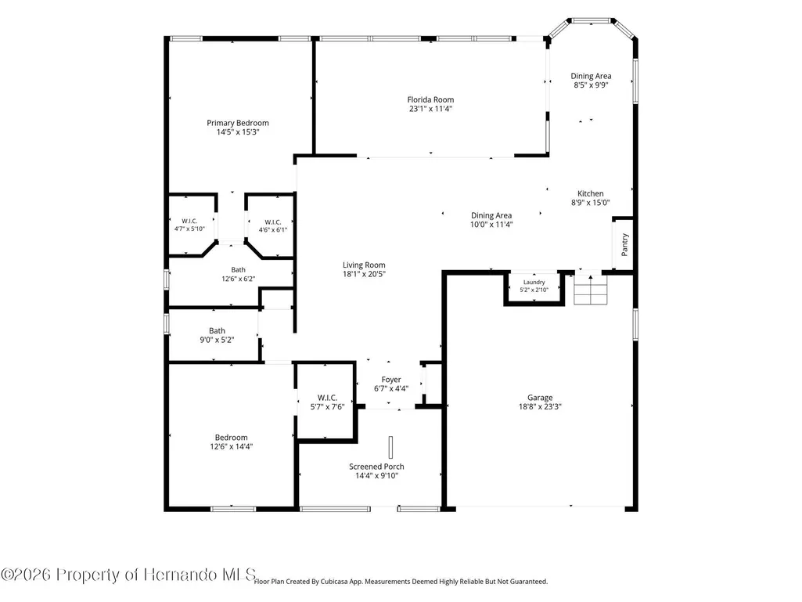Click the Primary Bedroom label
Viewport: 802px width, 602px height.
click(x=238, y=123)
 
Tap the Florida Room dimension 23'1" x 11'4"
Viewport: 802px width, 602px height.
click(x=430, y=109)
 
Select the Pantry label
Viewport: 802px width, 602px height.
click(x=624, y=245)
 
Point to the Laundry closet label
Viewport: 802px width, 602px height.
click(x=534, y=282)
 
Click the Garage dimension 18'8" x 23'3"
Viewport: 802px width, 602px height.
click(x=540, y=406)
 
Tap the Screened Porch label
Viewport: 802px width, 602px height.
click(x=376, y=467)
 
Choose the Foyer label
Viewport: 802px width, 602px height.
click(x=391, y=380)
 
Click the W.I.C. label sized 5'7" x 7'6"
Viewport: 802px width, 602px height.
click(x=327, y=398)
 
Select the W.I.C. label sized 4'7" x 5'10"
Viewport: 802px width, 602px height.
click(x=189, y=221)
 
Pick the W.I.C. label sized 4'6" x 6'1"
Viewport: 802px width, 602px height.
click(x=273, y=222)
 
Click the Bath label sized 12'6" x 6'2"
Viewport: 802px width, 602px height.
click(x=239, y=270)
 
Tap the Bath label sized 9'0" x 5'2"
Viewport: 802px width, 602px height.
click(x=217, y=330)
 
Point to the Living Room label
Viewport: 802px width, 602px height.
click(x=364, y=265)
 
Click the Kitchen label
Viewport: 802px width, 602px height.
click(x=591, y=193)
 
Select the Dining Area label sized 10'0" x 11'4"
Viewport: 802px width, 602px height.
click(x=491, y=215)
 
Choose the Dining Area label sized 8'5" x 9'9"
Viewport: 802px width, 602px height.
click(x=592, y=76)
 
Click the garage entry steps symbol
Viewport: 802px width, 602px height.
click(x=591, y=290)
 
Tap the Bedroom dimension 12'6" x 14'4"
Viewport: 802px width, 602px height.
click(x=231, y=446)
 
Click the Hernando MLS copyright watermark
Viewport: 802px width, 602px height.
click(x=128, y=575)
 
